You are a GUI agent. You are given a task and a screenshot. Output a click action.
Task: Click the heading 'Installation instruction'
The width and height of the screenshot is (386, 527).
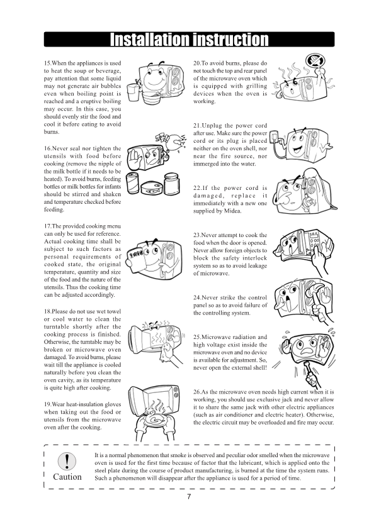coord(189,40)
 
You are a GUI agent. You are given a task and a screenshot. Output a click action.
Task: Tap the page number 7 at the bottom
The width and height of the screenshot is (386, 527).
coord(189,497)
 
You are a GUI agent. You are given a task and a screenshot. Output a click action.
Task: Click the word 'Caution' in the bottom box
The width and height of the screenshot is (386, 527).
coord(67,476)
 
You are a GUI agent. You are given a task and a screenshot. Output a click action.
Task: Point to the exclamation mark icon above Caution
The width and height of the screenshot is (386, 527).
coord(67,459)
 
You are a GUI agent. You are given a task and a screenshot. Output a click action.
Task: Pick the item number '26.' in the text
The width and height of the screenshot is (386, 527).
coord(199,391)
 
